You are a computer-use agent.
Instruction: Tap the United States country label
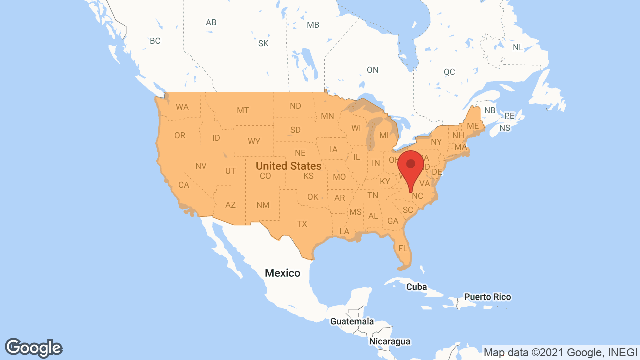pos(288,165)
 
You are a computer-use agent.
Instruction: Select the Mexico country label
pos(282,273)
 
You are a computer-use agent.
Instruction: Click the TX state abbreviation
pos(302,224)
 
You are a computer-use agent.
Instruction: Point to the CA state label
pos(184,185)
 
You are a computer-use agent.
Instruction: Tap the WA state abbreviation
pos(182,107)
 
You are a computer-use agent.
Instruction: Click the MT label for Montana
pos(243,110)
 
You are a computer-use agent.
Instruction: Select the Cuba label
pos(416,287)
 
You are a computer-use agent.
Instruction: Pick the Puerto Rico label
pos(487,297)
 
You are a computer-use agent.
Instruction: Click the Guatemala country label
pos(352,321)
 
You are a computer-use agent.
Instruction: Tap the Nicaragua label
pos(390,342)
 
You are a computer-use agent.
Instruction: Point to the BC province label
pos(155,41)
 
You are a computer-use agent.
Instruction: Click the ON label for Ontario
pos(372,70)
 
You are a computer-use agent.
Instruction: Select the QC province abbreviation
pos(449,72)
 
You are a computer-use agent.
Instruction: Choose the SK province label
pos(263,43)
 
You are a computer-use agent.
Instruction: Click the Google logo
pos(34,348)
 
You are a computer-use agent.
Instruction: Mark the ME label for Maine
pos(473,126)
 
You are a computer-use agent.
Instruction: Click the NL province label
pos(518,47)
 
